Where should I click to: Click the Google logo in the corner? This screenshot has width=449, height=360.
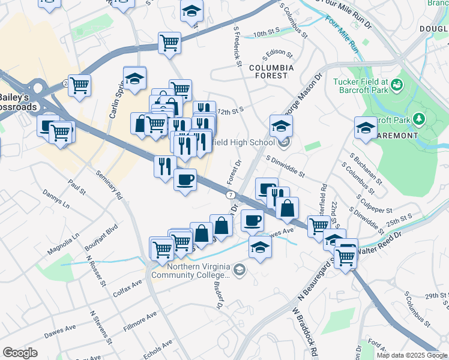[x=20, y=353]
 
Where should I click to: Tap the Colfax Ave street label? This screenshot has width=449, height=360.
[x=126, y=292]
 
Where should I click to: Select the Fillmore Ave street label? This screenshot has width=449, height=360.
[x=140, y=320]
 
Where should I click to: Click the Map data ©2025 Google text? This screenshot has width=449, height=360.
[x=412, y=355]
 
